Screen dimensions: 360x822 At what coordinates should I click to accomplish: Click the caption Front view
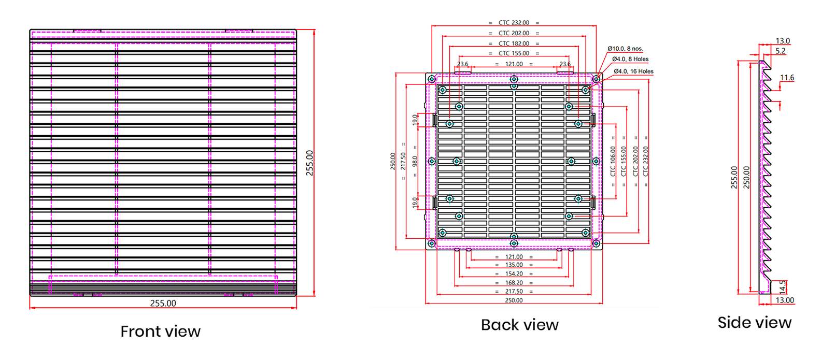[160, 332]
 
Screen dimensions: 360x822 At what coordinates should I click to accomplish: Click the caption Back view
[519, 325]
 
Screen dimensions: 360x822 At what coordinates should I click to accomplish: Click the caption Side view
[754, 323]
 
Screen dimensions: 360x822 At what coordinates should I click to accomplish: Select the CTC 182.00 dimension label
[514, 44]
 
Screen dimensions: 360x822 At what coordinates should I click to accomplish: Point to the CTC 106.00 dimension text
[613, 161]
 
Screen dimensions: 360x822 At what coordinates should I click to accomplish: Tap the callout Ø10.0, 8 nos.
[625, 49]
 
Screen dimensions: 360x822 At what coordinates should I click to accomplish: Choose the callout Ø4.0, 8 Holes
[630, 59]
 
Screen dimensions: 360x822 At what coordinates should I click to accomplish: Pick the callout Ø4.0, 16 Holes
[633, 71]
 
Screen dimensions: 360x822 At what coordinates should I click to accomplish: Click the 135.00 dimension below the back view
[514, 265]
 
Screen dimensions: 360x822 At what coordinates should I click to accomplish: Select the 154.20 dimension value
[514, 274]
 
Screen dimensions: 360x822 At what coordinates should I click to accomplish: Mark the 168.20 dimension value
[514, 283]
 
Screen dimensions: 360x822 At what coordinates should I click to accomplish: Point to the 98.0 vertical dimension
[415, 161]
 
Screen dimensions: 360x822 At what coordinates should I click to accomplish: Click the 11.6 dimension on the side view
[787, 78]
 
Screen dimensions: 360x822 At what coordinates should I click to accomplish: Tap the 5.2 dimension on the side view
[781, 51]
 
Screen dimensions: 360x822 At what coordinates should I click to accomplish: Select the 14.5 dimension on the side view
[783, 287]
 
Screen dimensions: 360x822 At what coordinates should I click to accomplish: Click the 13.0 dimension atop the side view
[783, 41]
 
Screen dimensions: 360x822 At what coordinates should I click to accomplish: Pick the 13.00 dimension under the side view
[785, 300]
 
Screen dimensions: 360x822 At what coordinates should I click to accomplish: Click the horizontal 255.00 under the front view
[163, 304]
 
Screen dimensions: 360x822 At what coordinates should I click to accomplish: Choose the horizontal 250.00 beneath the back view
[514, 300]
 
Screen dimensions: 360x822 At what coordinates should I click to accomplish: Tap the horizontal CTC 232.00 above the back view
[514, 23]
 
